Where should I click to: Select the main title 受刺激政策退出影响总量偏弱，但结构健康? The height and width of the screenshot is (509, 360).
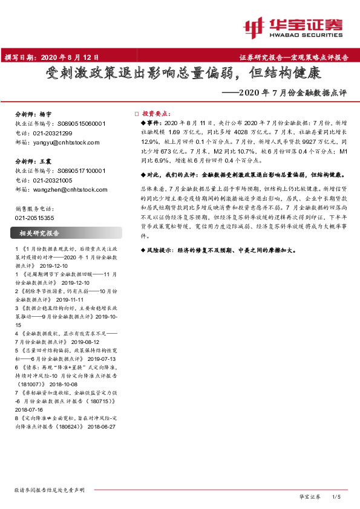(180, 76)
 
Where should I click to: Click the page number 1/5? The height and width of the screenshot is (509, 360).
(337, 496)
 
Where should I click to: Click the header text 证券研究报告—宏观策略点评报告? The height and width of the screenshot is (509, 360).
(293, 58)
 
